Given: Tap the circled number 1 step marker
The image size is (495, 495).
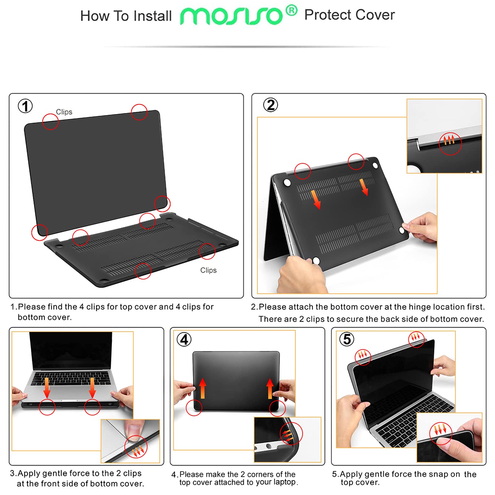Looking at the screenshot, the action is coord(25,106).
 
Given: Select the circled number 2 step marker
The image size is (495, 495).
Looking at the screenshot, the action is coord(270,105).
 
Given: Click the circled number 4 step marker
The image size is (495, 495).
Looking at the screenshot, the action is coord(184,339).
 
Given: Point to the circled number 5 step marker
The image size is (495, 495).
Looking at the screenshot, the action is coord(347,339).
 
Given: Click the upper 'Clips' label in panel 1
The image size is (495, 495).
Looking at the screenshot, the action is coord(64,112).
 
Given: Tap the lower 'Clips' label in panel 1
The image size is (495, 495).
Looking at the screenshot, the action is coord(208,270).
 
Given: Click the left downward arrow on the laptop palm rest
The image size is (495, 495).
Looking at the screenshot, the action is coord(47,387).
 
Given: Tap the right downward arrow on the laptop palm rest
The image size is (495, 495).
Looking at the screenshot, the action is coord(92,388).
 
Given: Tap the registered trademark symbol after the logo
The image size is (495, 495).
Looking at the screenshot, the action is coord(291,11).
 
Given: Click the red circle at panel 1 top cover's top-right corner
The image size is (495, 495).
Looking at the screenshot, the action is coord(139,112).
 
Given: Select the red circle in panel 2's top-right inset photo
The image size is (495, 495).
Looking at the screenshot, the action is coord(450,144).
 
